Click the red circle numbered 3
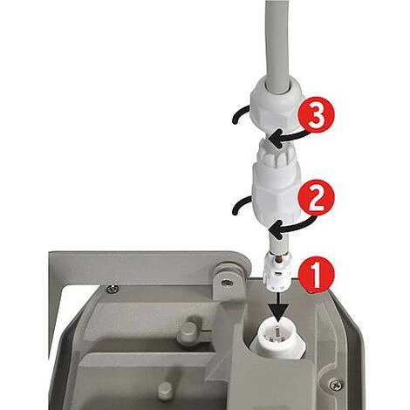tap(316, 115)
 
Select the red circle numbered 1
tap(316, 275)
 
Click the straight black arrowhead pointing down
tap(278, 313)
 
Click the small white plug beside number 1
tap(277, 273)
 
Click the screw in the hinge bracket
tap(225, 282)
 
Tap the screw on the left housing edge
tap(113, 289)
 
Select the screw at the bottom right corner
tap(335, 385)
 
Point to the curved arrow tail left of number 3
tap(241, 114)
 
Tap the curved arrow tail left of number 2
tap(242, 205)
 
